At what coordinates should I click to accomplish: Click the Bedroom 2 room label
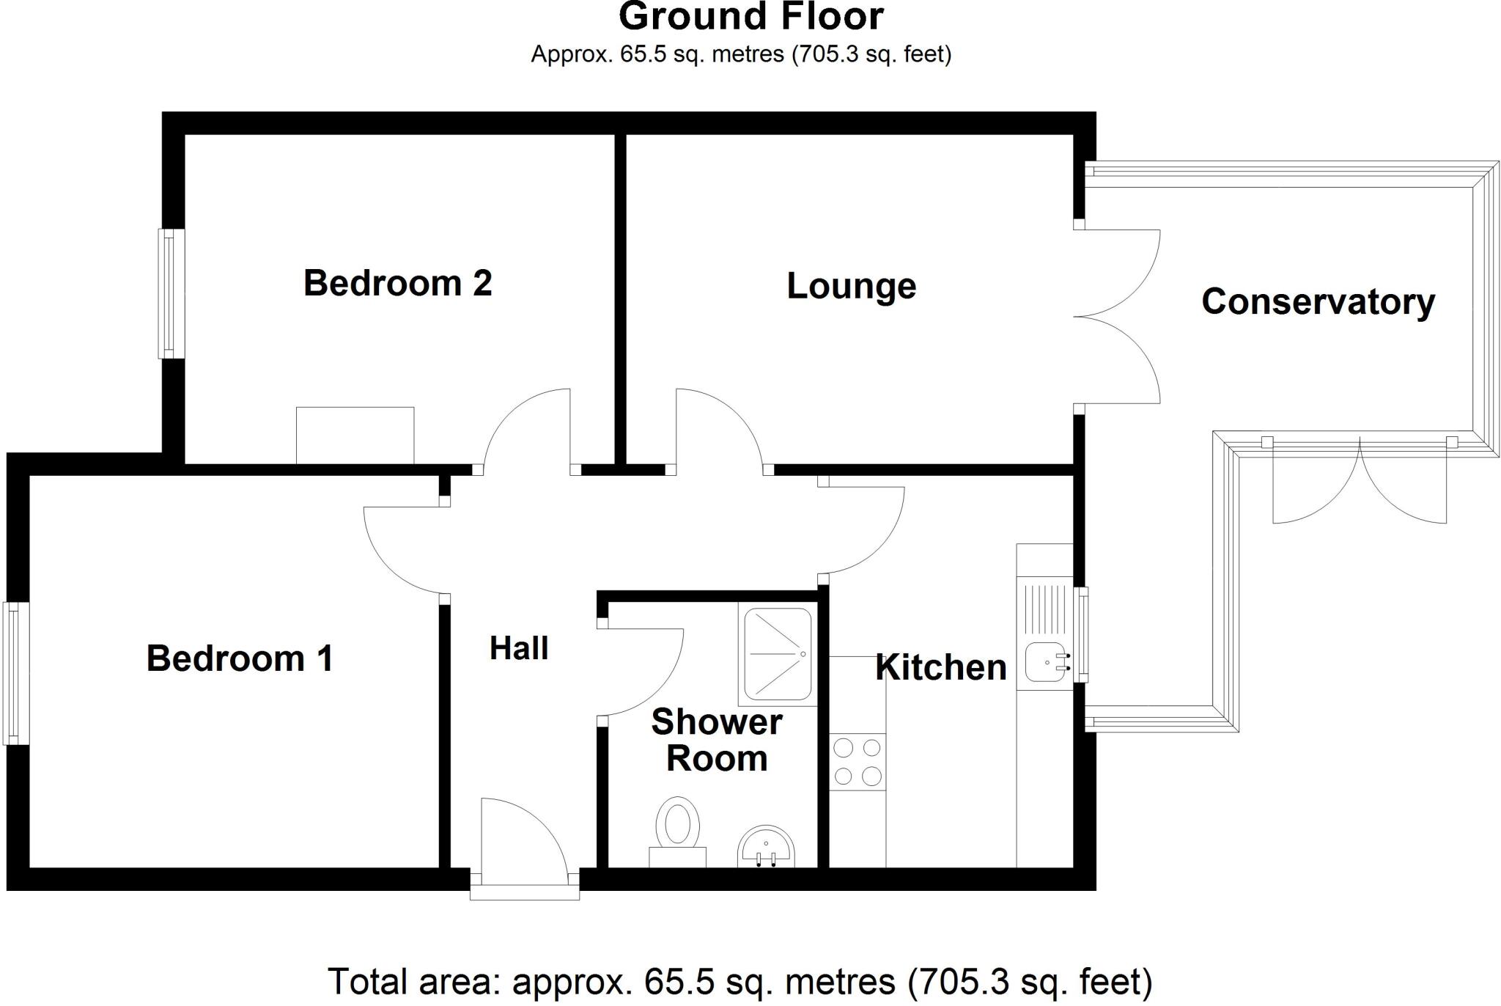[397, 283]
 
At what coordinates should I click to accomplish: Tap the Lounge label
[851, 286]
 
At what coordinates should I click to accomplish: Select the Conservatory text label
[1317, 301]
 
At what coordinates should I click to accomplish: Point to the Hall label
[519, 648]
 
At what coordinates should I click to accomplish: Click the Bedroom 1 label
[240, 658]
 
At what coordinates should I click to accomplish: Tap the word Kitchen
[941, 667]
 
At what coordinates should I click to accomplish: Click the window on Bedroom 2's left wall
[172, 293]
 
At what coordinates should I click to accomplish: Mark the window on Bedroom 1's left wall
[15, 673]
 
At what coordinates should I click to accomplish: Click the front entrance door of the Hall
[523, 843]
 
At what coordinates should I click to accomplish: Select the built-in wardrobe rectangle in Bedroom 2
[355, 435]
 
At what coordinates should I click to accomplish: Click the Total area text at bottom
[740, 981]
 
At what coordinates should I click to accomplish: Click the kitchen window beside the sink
[1081, 634]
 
